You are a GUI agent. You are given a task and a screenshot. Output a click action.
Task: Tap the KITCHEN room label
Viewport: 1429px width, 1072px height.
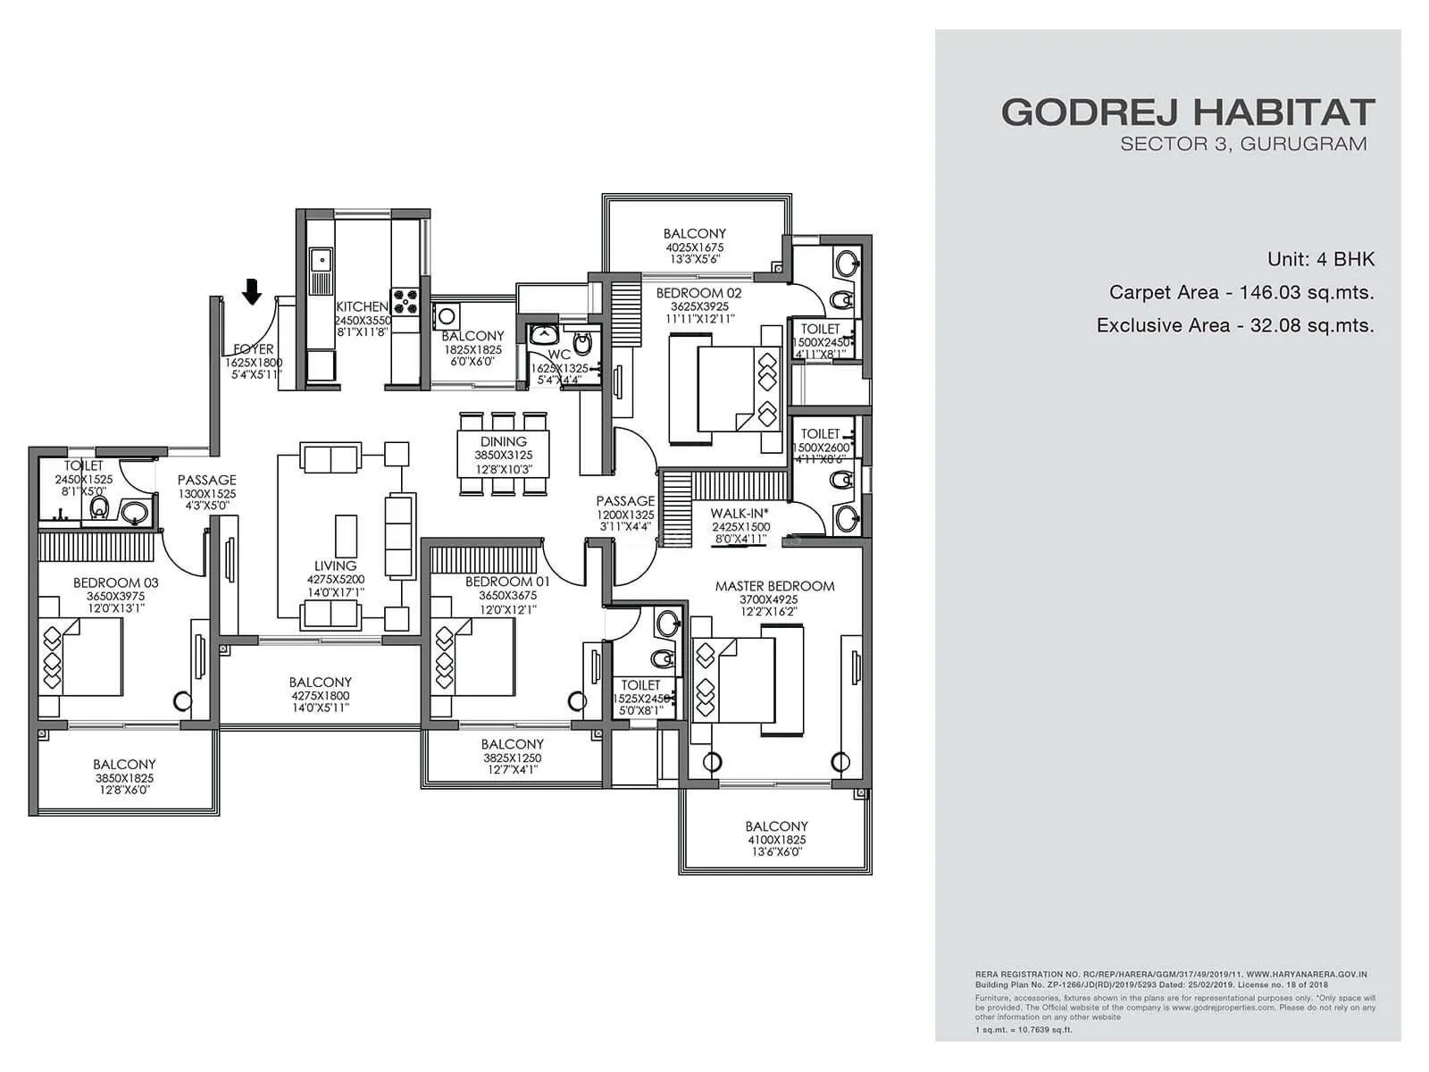pyautogui.click(x=362, y=306)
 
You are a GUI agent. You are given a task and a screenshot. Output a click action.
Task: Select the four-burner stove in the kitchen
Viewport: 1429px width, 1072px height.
pyautogui.click(x=404, y=301)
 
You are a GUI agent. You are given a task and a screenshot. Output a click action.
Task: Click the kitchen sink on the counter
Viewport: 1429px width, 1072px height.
pyautogui.click(x=320, y=260)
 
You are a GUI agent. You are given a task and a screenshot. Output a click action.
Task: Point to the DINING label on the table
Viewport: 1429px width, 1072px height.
pyautogui.click(x=504, y=441)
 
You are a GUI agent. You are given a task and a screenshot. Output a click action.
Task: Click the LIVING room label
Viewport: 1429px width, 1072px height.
pyautogui.click(x=335, y=565)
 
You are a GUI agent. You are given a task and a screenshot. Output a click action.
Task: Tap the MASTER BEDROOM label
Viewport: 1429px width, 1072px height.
pyautogui.click(x=774, y=586)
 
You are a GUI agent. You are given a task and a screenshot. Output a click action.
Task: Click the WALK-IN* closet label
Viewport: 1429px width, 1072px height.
pyautogui.click(x=740, y=514)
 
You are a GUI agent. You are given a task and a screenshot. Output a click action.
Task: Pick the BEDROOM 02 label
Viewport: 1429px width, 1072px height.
pyautogui.click(x=698, y=293)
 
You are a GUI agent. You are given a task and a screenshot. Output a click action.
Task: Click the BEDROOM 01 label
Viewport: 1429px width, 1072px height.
pyautogui.click(x=507, y=582)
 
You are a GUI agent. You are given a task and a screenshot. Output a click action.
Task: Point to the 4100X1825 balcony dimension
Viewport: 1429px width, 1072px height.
pyautogui.click(x=776, y=840)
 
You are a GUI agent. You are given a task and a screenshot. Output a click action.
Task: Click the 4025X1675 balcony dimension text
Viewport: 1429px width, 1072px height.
pyautogui.click(x=694, y=247)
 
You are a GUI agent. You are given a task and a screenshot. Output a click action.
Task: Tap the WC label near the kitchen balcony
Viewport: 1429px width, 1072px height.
pyautogui.click(x=559, y=355)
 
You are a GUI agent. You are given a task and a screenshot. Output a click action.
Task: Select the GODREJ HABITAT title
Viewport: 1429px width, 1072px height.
pyautogui.click(x=1187, y=113)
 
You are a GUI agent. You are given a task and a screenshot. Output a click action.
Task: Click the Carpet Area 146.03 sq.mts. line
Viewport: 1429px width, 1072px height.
pyautogui.click(x=1241, y=292)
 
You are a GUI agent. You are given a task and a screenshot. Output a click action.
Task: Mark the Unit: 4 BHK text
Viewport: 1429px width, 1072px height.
pyautogui.click(x=1320, y=259)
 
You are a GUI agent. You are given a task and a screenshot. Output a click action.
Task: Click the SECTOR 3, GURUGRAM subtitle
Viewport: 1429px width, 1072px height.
pyautogui.click(x=1242, y=144)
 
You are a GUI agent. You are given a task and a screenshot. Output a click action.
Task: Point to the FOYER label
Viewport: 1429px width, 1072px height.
pyautogui.click(x=254, y=349)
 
